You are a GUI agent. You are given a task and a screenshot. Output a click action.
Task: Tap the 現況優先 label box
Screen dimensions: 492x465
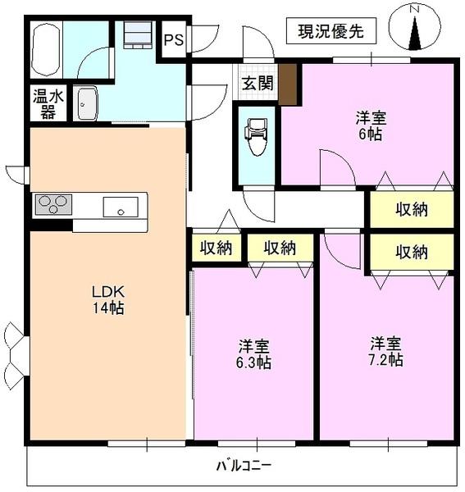point(331,32)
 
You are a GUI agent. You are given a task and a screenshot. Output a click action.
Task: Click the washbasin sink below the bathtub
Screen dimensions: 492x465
point(87,104)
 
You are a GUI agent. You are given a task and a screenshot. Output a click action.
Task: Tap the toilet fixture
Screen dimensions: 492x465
point(256,137)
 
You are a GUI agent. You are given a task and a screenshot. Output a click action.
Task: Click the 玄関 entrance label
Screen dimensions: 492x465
point(256,83)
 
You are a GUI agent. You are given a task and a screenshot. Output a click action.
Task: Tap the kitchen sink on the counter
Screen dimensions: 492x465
point(120,207)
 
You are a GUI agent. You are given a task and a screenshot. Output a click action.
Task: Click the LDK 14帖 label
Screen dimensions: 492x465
point(107,299)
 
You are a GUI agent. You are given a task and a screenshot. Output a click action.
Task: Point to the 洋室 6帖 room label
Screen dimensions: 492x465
point(368,125)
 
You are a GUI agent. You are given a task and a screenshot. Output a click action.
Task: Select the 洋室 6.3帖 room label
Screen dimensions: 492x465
point(255,353)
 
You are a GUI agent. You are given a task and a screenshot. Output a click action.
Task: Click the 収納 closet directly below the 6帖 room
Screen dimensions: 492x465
point(410,209)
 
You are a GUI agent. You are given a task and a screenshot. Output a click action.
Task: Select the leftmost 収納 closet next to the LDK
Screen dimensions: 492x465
point(217,248)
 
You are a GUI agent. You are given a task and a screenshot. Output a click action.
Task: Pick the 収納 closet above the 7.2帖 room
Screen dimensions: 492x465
point(410,252)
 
